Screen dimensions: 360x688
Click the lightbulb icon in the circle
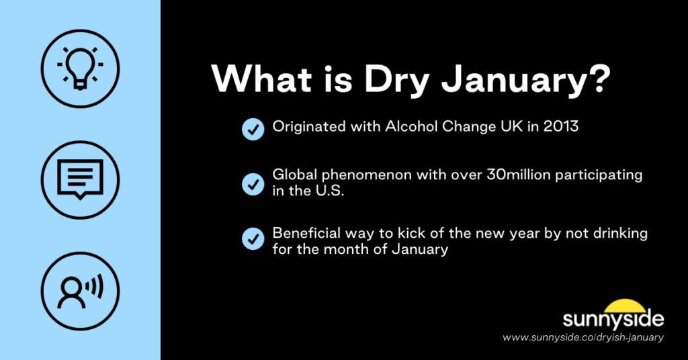tap(80, 67)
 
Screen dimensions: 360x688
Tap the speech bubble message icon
tap(80, 180)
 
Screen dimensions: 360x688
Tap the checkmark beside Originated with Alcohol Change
tap(253, 129)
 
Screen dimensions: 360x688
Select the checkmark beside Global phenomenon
tap(253, 183)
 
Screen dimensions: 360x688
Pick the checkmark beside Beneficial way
tap(253, 238)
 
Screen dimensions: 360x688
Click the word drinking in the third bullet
tap(605, 233)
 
